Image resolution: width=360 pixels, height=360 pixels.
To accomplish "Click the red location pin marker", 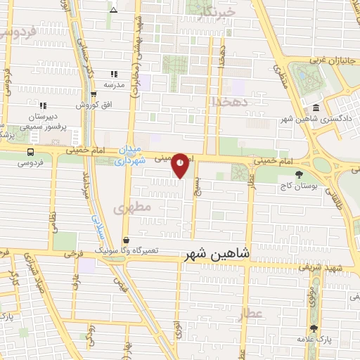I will tap(181, 166).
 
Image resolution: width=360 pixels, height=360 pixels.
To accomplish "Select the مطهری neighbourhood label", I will tap(132, 208).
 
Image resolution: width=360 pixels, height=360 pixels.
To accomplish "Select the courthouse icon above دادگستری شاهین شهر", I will tap(316, 108).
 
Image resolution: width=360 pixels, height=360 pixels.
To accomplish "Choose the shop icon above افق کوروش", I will tap(94, 94).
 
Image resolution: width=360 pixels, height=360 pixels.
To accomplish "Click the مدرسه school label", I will tap(114, 84).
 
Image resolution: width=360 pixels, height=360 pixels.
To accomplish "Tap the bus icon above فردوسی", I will tap(30, 151).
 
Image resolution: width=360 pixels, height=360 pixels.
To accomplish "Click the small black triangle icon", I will tap(114, 10).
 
